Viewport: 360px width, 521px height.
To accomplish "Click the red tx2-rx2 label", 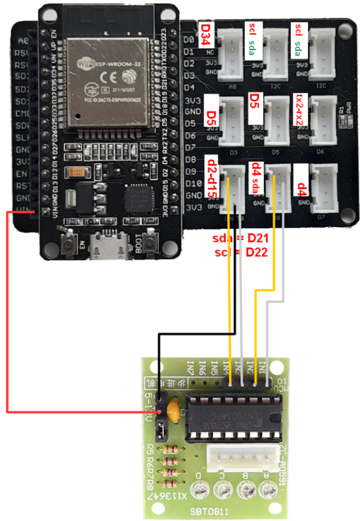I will pos(301,111).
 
